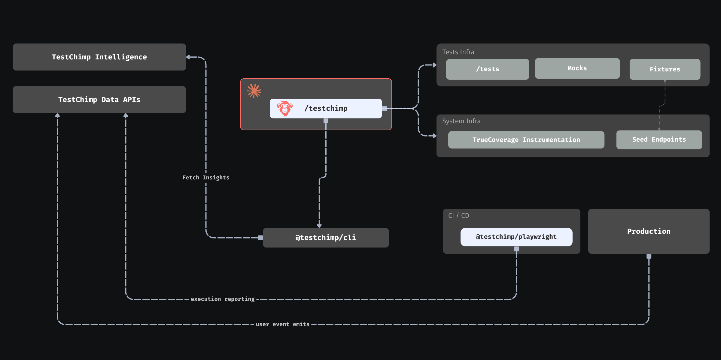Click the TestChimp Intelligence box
[99, 57]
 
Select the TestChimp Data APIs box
[99, 100]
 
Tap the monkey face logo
[284, 108]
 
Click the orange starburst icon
[254, 91]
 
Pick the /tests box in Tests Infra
[487, 69]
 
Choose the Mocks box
[577, 68]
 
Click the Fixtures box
[665, 69]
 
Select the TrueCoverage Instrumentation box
[526, 140]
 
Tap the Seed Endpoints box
[659, 139]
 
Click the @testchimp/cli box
[326, 238]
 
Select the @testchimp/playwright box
[516, 237]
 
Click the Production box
[649, 231]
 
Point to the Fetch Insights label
[206, 178]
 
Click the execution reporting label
[223, 299]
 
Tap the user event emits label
[282, 324]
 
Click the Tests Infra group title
[458, 52]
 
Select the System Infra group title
[461, 121]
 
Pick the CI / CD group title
[458, 216]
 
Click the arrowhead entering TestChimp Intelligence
[188, 57]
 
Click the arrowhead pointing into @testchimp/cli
[319, 226]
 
